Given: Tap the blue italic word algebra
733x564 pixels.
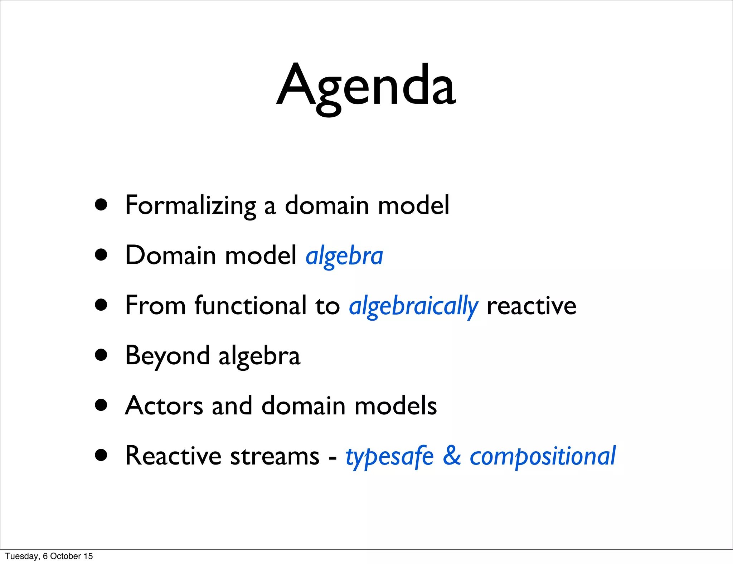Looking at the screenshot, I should [x=344, y=256].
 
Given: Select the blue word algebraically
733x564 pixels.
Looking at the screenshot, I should [x=413, y=306].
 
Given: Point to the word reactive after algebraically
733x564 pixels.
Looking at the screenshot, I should [x=531, y=306].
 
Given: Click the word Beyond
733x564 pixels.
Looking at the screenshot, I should [x=167, y=356].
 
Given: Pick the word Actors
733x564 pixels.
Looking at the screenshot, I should [x=164, y=406].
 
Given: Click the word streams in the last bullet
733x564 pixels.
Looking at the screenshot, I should [x=275, y=456].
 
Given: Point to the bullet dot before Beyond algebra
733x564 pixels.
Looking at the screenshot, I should [x=101, y=355].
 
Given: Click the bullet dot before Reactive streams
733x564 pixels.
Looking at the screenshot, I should [x=101, y=455].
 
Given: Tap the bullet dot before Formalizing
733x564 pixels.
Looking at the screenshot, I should [x=101, y=205].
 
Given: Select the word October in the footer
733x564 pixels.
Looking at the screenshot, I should [x=65, y=556].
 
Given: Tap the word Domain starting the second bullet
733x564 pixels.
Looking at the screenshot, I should [x=171, y=256].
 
